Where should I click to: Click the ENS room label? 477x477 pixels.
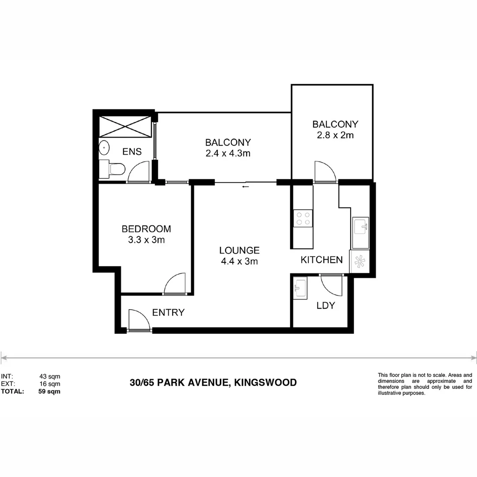[x=132, y=152]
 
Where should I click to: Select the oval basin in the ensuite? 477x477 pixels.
[x=104, y=148]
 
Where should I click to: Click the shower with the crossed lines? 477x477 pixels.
[x=125, y=127]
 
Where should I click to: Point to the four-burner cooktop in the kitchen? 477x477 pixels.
[x=303, y=218]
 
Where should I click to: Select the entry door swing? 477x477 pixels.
[x=139, y=320]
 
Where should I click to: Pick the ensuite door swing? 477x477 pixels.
[x=139, y=172]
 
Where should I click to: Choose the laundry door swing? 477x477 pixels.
[x=331, y=285]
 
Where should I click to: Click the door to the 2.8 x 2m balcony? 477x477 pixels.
[x=325, y=171]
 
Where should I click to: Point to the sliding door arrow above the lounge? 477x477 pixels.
[x=245, y=186]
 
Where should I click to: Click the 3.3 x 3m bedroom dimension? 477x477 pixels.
[x=146, y=240]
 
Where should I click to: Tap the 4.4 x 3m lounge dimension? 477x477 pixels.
[x=239, y=261]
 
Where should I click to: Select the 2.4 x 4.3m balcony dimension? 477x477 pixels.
[x=228, y=154]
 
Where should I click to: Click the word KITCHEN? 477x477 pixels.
[x=322, y=260]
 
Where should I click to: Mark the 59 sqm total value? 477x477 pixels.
[x=49, y=391]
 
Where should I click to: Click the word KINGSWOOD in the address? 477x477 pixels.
[x=265, y=382]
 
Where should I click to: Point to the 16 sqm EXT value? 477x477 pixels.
[x=49, y=384]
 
